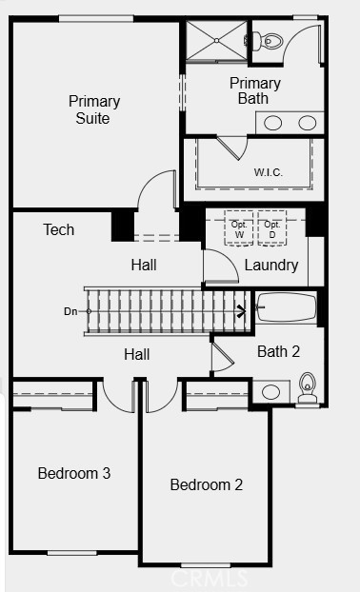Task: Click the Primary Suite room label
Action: pos(94,109)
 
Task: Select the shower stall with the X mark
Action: pos(216,40)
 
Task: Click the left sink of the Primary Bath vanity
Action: pos(272,123)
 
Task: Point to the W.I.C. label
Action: pos(269,172)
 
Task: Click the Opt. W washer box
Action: pos(239,228)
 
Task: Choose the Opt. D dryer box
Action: pos(272,228)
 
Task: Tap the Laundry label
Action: pos(271,265)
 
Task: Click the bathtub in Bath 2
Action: pos(287,307)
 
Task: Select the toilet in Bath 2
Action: pos(308,387)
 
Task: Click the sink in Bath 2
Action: pos(270,392)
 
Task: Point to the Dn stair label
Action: pos(70,311)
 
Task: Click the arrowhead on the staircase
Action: pos(242,311)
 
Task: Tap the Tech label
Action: pos(58,229)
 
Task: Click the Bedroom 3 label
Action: pos(74,473)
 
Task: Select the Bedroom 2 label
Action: pos(207,484)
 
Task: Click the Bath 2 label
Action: pos(278,351)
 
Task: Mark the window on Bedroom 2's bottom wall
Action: pos(206,565)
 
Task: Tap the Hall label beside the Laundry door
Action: pos(144,265)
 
